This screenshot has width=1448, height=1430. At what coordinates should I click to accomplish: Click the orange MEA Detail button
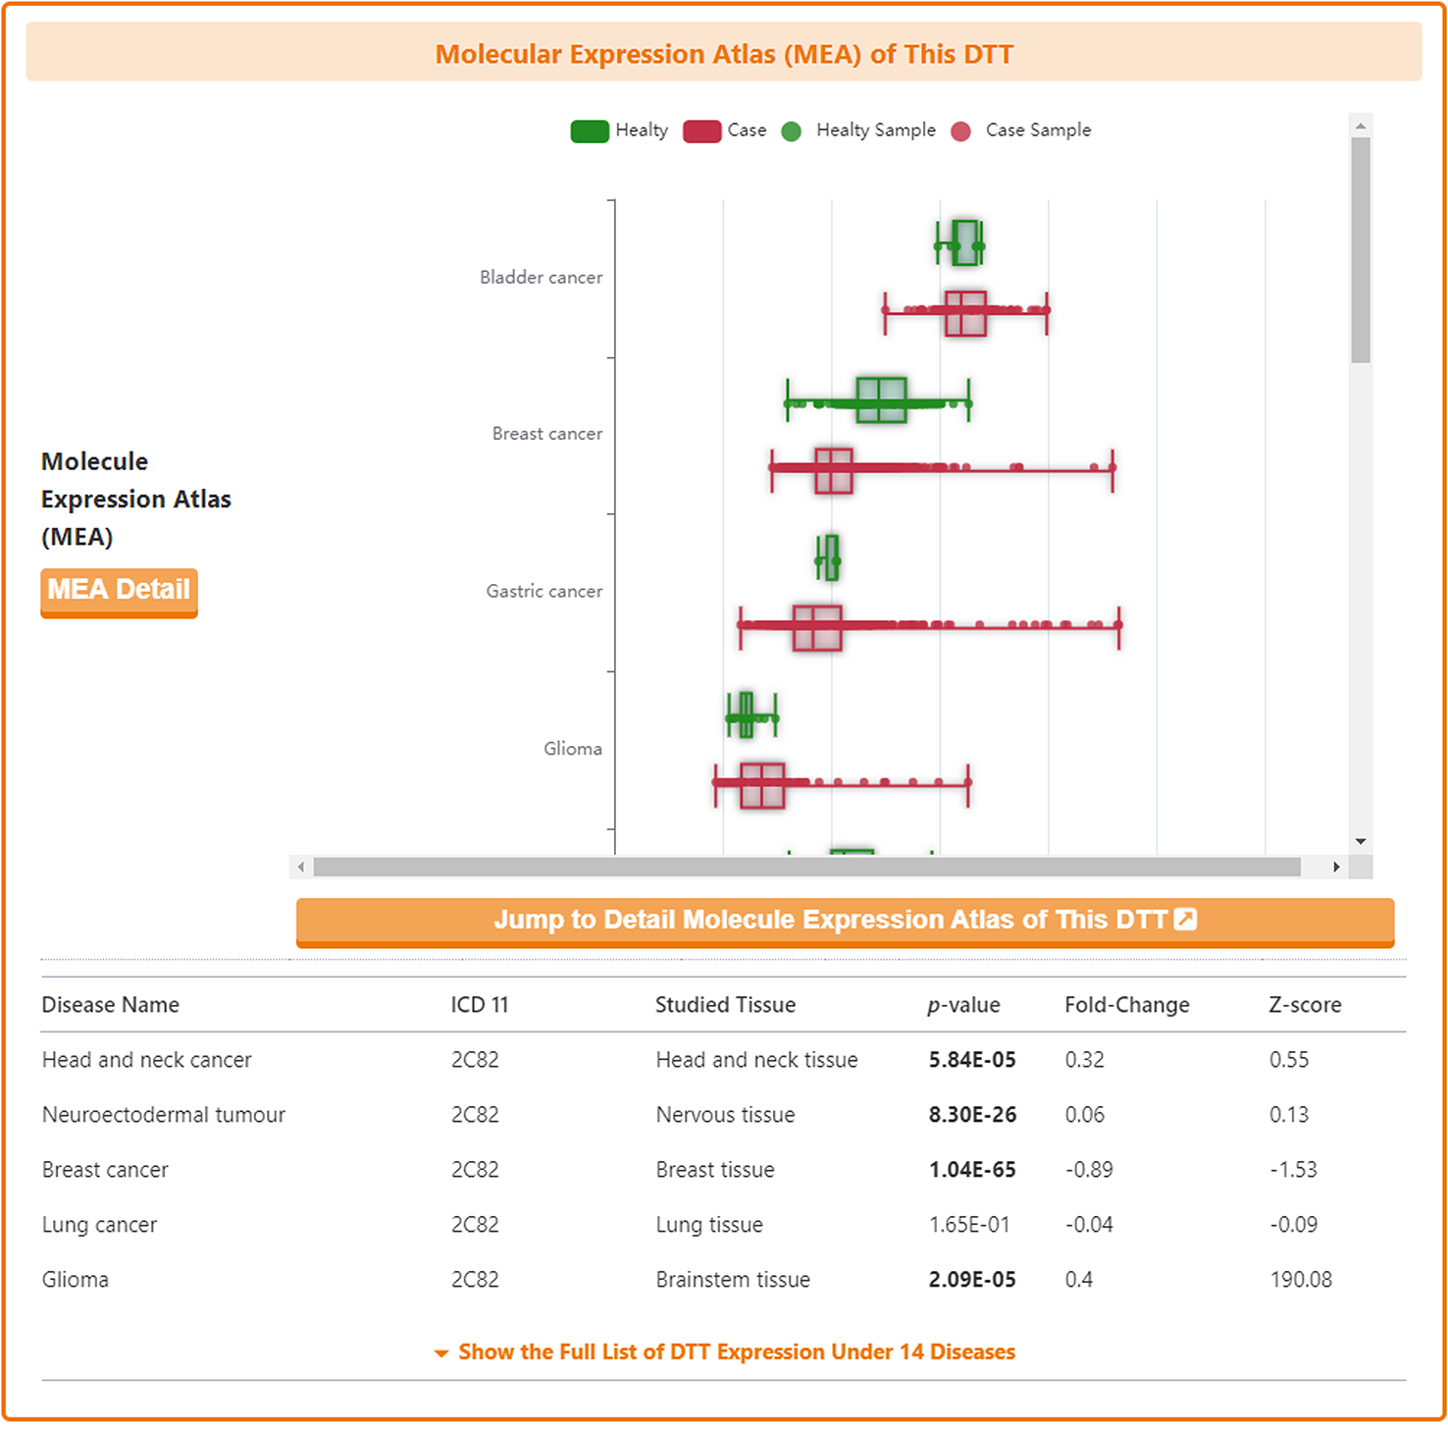(119, 591)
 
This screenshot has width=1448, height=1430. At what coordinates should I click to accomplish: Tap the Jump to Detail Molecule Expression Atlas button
(844, 921)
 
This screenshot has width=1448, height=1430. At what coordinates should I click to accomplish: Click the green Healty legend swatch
(590, 132)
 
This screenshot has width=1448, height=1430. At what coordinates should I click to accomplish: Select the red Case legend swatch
(701, 132)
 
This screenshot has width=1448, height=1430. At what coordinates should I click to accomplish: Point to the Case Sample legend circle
(961, 132)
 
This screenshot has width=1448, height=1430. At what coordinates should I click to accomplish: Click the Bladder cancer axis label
(541, 278)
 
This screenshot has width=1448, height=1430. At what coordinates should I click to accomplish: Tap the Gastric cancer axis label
(544, 592)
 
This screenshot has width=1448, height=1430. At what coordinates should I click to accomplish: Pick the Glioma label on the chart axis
(573, 749)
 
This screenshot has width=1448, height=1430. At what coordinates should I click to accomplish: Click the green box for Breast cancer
(881, 400)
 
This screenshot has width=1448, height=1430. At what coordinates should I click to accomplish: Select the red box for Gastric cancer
(817, 628)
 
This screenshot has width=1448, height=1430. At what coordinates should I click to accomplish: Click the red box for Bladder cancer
(965, 313)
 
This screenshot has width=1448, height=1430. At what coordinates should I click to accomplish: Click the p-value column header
(963, 1005)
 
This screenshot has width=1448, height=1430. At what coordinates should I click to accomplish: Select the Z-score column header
(1305, 1005)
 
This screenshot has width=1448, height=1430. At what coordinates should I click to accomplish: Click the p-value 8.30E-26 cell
(972, 1115)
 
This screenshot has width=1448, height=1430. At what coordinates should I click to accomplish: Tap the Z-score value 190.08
(1301, 1280)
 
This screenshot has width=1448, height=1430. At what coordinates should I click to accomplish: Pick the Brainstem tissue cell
(733, 1280)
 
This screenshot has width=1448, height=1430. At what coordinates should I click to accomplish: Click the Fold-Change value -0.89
(1089, 1170)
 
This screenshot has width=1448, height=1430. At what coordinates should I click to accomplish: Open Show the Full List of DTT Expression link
(736, 1352)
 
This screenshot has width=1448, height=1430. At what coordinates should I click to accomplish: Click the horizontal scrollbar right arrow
(1336, 867)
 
